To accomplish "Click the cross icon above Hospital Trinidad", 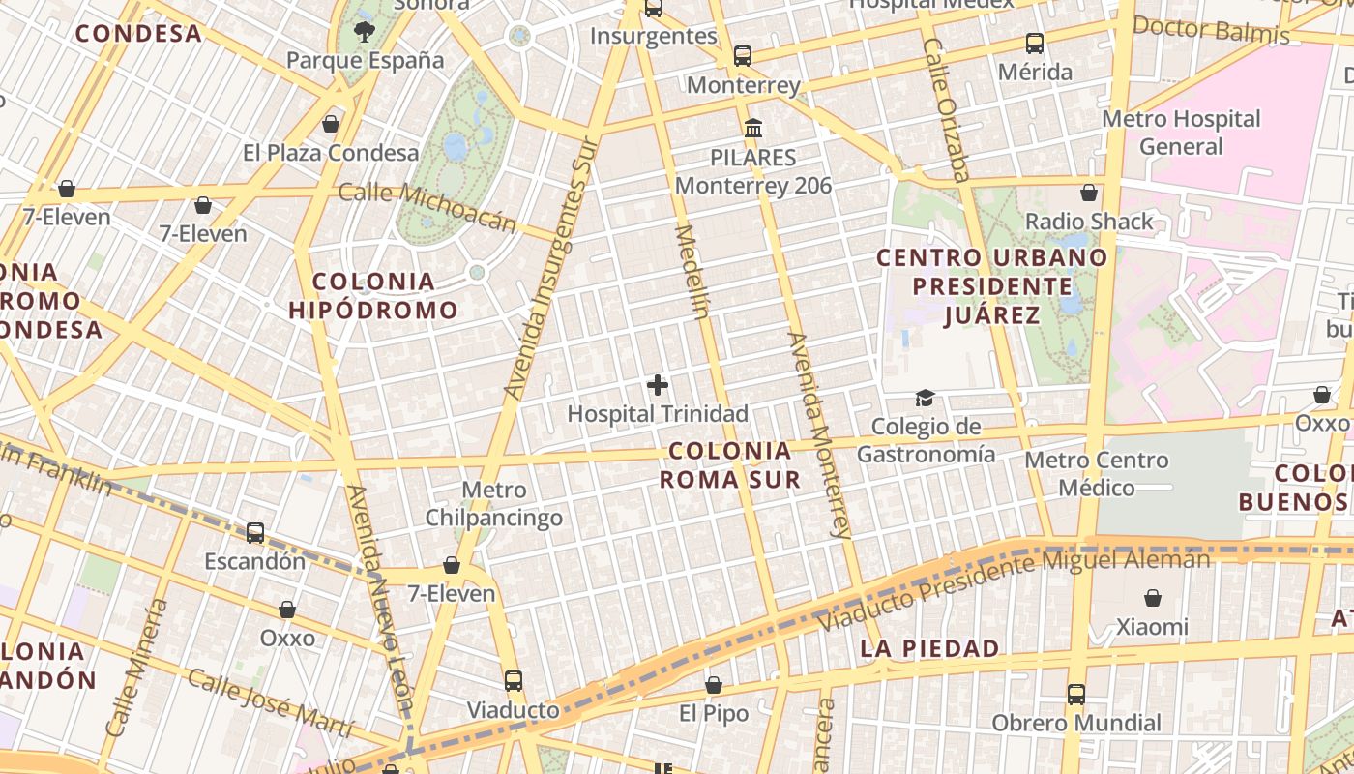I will pyautogui.click(x=658, y=385).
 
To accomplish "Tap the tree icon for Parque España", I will pyautogui.click(x=364, y=32).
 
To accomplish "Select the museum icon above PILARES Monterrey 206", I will pyautogui.click(x=752, y=128).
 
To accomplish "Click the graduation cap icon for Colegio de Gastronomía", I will pyautogui.click(x=926, y=399).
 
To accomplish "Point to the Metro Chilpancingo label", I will pyautogui.click(x=494, y=504).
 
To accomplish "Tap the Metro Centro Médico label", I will pyautogui.click(x=1097, y=473).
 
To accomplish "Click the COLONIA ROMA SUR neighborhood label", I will pyautogui.click(x=730, y=464).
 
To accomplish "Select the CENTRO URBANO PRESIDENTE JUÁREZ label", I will pyautogui.click(x=991, y=286).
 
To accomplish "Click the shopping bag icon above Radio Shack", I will pyautogui.click(x=1089, y=193).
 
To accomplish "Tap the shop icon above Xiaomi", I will pyautogui.click(x=1152, y=598).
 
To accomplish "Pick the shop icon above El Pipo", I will pyautogui.click(x=714, y=685).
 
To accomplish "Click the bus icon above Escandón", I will pyautogui.click(x=255, y=532).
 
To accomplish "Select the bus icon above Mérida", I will pyautogui.click(x=1035, y=44).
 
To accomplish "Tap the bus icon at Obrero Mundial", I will pyautogui.click(x=1076, y=694).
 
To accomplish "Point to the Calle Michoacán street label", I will pyautogui.click(x=427, y=207).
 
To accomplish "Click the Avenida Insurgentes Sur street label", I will pyautogui.click(x=547, y=267).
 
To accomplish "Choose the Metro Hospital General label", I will pyautogui.click(x=1181, y=133).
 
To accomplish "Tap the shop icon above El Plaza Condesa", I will pyautogui.click(x=331, y=124).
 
